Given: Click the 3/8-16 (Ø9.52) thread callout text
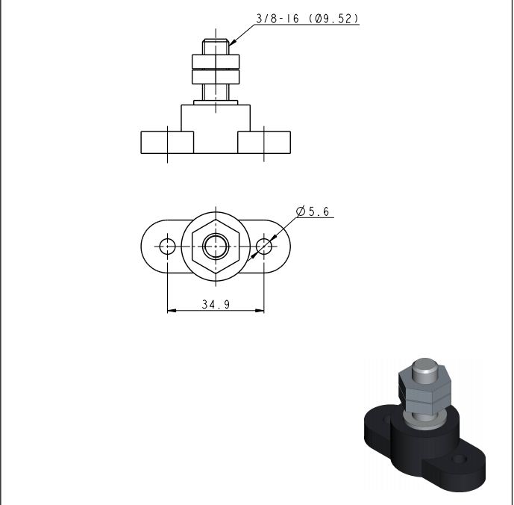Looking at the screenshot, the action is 307,19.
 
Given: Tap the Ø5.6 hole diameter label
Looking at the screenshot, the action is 313,211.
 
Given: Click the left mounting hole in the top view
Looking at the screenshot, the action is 168,247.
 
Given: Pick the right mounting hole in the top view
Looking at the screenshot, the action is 264,247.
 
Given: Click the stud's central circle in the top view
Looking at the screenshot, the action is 216,247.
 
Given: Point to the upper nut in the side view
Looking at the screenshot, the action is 216,61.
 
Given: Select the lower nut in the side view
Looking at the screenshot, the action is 216,77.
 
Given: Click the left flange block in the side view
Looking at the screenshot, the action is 167,143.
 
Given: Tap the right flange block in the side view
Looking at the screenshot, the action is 264,143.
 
